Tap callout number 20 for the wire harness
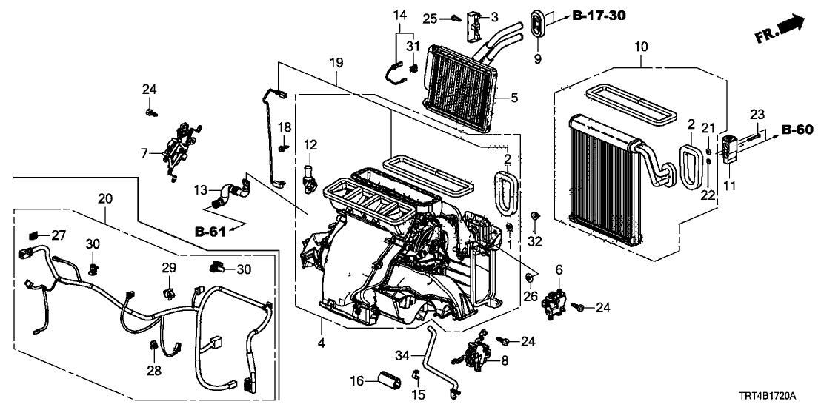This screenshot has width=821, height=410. coord(104,198)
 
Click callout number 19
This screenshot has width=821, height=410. coord(336,64)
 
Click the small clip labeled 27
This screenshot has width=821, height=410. coord(34,235)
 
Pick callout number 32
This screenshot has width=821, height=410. coord(535,241)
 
